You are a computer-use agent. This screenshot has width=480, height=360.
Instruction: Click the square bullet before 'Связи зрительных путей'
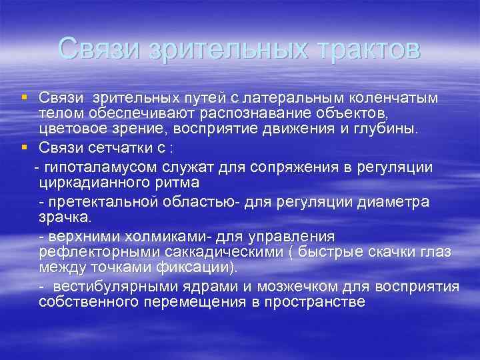click(x=24, y=97)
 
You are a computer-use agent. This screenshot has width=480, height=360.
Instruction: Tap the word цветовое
click(x=70, y=129)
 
